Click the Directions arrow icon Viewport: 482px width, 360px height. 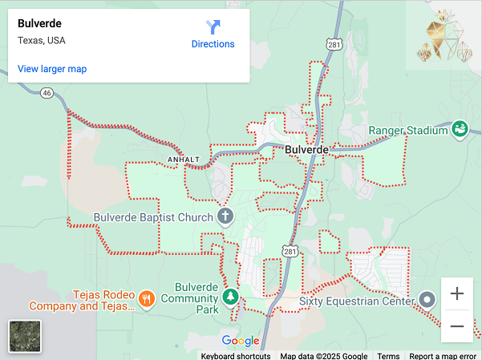pos(213,26)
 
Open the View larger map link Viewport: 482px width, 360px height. pos(52,69)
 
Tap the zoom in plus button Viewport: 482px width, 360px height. pos(457,293)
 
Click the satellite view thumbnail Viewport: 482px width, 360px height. pos(25,336)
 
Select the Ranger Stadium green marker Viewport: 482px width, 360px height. pos(460,128)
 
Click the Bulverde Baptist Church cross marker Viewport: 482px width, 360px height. pos(226,216)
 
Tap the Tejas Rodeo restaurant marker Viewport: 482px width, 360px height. pos(146,299)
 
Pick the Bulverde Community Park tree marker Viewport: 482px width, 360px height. pos(231,297)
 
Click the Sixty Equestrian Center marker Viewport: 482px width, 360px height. pos(427,301)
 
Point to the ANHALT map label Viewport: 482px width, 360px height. pos(183,160)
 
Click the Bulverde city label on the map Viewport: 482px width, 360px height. pos(306,150)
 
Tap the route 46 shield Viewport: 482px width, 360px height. pos(47,93)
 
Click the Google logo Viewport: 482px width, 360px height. pos(241,341)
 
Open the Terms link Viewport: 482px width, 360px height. pos(388,356)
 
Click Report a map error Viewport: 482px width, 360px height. pos(444,356)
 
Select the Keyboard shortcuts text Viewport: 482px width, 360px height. pos(235,356)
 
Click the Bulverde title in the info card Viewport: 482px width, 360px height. pos(39,23)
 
